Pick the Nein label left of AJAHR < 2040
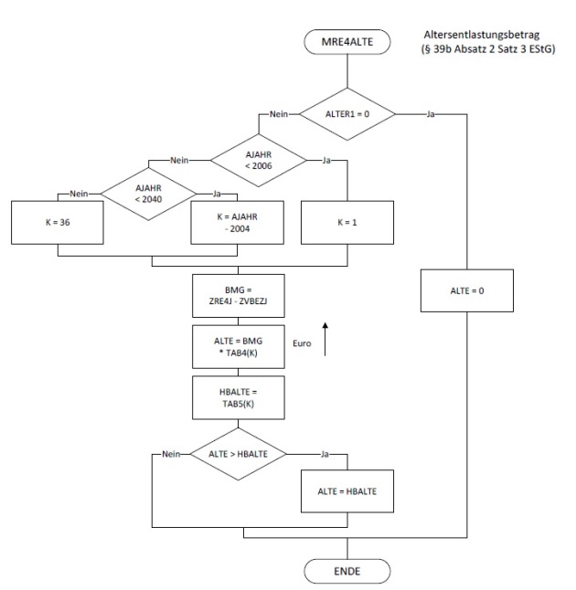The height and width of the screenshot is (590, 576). (x=80, y=193)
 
